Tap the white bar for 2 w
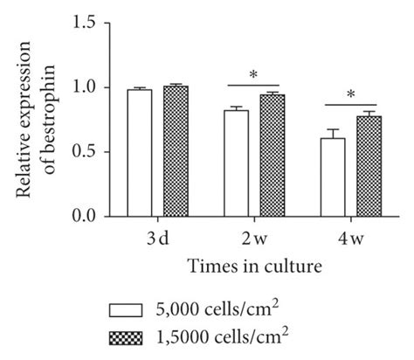[236, 163]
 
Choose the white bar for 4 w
[332, 177]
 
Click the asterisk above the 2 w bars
[252, 76]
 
